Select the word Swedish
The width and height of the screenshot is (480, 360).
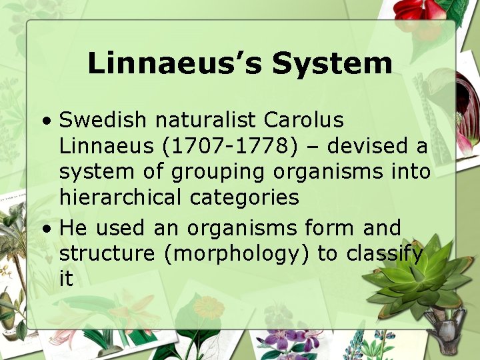click(x=102, y=121)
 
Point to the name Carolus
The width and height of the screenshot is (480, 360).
click(x=304, y=121)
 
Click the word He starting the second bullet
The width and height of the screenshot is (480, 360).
click(x=74, y=228)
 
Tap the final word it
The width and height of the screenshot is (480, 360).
click(x=65, y=279)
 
